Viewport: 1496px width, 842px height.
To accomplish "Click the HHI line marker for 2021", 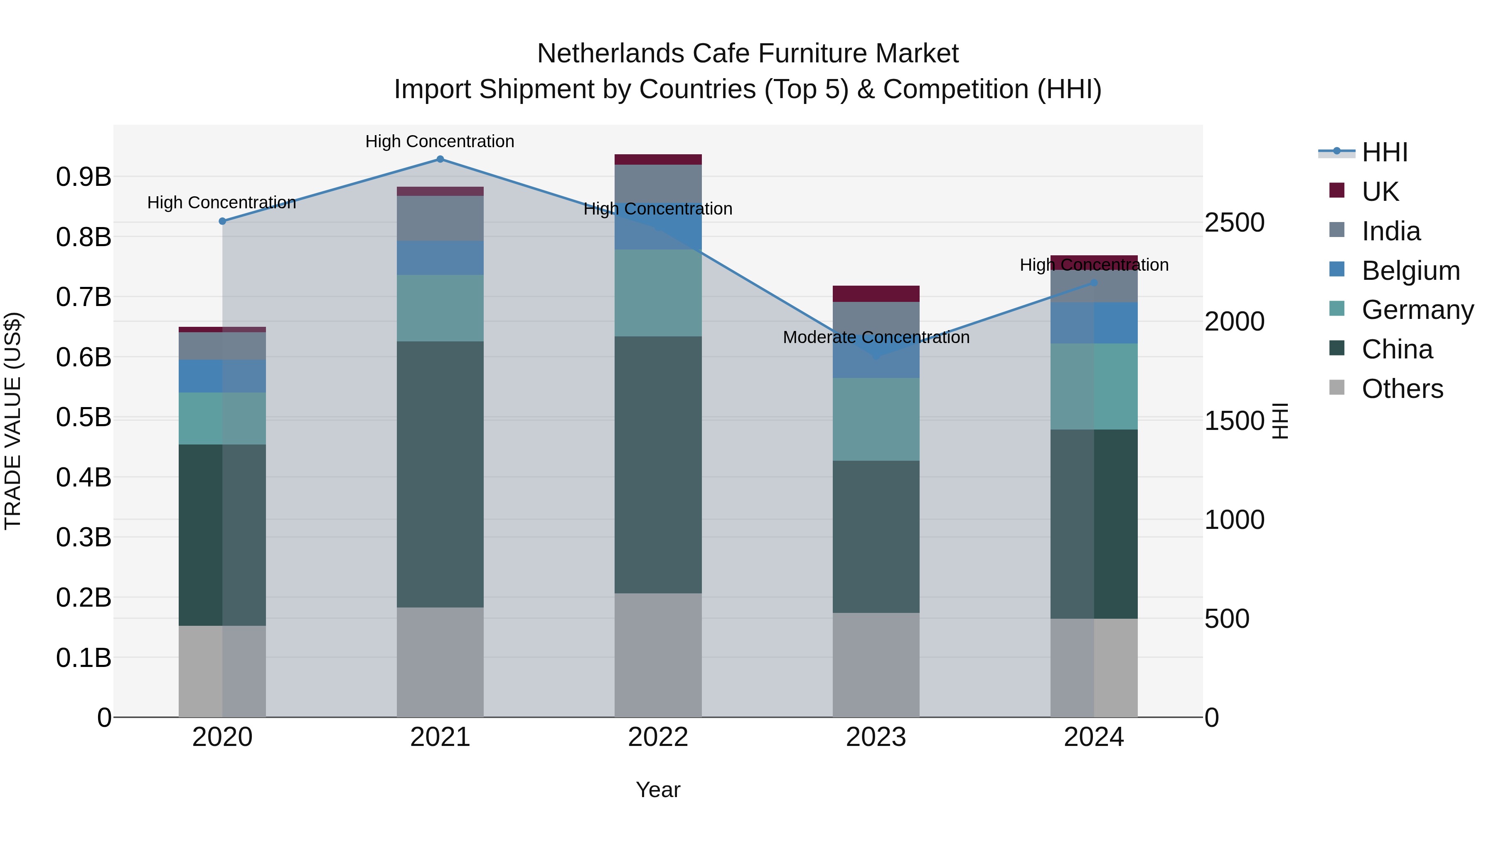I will (x=440, y=159).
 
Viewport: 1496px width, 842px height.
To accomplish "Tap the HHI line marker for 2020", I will (x=222, y=221).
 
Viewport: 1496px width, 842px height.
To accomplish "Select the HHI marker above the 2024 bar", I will (x=1094, y=283).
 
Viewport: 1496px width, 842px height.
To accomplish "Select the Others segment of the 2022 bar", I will (x=658, y=655).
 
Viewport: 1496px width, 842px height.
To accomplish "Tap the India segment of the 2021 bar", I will (x=440, y=218).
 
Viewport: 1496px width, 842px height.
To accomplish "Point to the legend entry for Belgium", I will (x=1411, y=271).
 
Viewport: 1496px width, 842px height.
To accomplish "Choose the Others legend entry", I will (x=1402, y=389).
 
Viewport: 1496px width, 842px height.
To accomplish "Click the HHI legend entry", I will (x=1385, y=152).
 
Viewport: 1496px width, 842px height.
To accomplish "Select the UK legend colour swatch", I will (x=1337, y=190).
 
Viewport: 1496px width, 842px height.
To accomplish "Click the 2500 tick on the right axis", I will (x=1235, y=222).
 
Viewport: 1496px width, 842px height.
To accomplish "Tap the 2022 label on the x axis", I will (x=658, y=737).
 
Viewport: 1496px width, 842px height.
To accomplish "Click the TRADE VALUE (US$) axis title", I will (x=13, y=421).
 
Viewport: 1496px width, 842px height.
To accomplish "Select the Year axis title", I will (x=658, y=790).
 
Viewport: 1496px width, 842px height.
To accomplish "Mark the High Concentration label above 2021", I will (x=440, y=141).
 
